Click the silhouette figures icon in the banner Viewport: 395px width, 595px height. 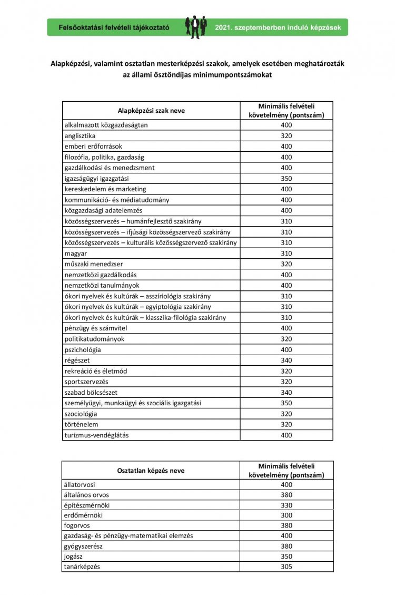point(196,27)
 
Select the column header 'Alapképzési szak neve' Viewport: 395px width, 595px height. point(151,111)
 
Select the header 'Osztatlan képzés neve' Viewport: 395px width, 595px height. point(151,471)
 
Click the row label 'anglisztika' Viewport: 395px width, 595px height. point(80,136)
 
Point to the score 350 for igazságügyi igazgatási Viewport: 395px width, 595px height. point(287,179)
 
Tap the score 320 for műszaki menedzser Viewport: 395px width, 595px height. point(287,264)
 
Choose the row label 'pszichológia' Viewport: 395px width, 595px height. point(83,349)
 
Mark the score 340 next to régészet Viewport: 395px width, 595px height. point(287,360)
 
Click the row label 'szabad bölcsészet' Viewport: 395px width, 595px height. point(90,392)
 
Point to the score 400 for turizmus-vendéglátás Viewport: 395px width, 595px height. point(287,435)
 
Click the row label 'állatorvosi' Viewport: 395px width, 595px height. point(80,484)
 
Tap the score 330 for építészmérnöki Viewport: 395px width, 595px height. point(287,505)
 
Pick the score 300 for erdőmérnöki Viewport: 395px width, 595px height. point(287,515)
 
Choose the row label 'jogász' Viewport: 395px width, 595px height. point(74,556)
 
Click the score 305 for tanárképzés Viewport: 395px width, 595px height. point(287,567)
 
